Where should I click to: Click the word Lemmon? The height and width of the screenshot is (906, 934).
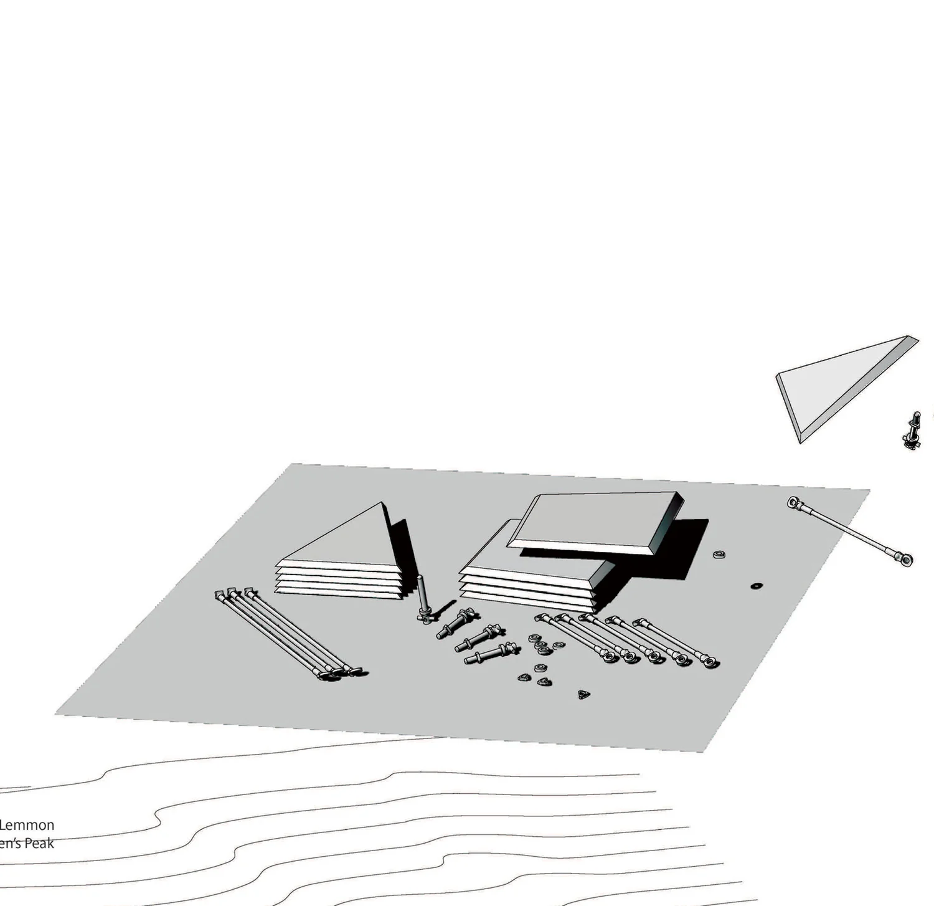[x=27, y=825]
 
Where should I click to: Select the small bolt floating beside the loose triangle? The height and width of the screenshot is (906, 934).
[x=912, y=431]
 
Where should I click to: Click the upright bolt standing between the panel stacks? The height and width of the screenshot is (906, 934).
[x=423, y=598]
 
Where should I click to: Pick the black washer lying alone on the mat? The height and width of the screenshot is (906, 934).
[x=757, y=586]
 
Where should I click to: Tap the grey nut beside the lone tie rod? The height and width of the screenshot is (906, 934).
[x=719, y=554]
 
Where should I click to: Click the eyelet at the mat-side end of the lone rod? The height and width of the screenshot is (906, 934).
[x=794, y=502]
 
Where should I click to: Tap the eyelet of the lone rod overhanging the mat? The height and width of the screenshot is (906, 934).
[x=905, y=559]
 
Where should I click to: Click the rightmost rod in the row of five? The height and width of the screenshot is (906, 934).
[x=675, y=641]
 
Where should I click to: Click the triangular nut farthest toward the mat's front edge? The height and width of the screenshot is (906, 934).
[x=583, y=694]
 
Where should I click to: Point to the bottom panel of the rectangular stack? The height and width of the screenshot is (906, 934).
[x=529, y=602]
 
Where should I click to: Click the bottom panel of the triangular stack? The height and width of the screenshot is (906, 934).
[x=339, y=591]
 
